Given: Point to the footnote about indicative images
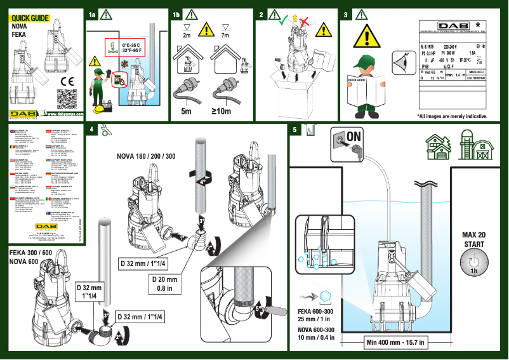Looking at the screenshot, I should (x=452, y=116).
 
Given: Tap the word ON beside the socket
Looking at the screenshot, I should (x=354, y=136).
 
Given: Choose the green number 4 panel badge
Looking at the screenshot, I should (x=93, y=130).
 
